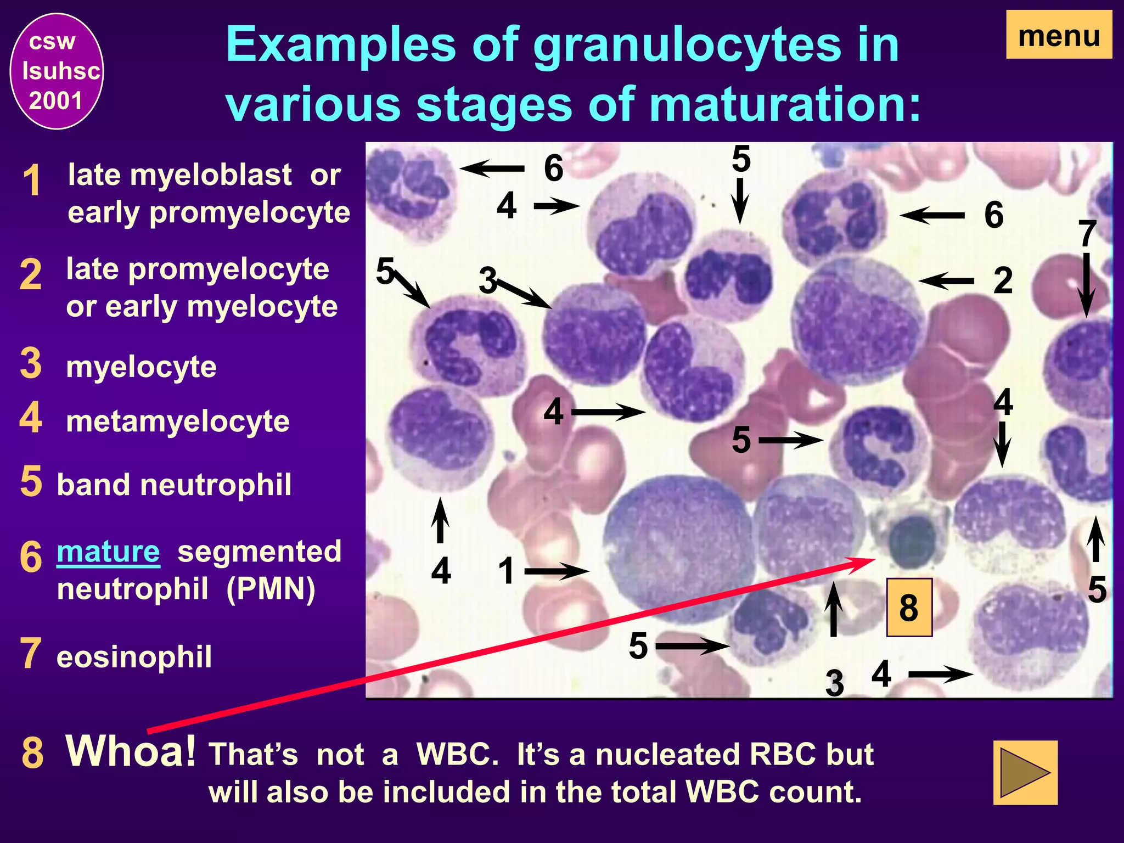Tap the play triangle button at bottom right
(1025, 772)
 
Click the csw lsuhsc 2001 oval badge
(57, 71)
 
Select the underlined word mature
(108, 552)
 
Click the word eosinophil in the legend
(134, 657)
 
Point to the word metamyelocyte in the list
(177, 421)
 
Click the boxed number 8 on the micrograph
(909, 607)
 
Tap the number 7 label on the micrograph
(1087, 234)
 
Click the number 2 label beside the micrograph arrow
(1002, 280)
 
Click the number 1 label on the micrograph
(506, 571)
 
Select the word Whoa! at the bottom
(130, 751)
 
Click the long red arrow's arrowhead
(867, 560)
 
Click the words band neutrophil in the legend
(174, 485)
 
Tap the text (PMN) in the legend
(271, 589)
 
